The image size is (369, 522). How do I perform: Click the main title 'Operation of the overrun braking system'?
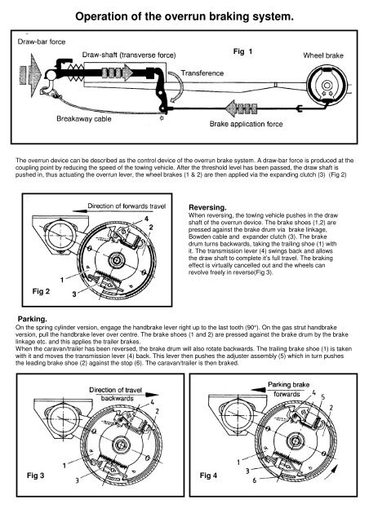pos(184,16)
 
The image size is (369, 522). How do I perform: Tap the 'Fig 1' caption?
pos(242,51)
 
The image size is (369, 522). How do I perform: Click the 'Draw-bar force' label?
pos(42,42)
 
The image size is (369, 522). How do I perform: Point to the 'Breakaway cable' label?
pos(83,119)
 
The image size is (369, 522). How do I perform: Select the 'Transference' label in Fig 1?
pos(202,73)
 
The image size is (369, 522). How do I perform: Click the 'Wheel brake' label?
pos(323,55)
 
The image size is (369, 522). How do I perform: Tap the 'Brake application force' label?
pos(246,124)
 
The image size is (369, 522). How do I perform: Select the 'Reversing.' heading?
pos(207,208)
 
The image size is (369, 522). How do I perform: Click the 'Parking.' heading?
pos(33,319)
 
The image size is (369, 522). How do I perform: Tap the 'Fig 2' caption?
pos(42,291)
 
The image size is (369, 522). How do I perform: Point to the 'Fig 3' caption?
pos(35,476)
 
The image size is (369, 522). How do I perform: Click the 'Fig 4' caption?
pos(208,476)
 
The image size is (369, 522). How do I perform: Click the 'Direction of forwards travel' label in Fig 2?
pos(127,206)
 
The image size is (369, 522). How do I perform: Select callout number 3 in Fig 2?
pos(74,294)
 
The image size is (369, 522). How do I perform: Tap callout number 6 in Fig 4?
pos(255,480)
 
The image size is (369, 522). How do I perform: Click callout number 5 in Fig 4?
pos(322,397)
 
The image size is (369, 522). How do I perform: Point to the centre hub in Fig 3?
pos(120,445)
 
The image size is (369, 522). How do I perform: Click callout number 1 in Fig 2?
pos(62,280)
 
